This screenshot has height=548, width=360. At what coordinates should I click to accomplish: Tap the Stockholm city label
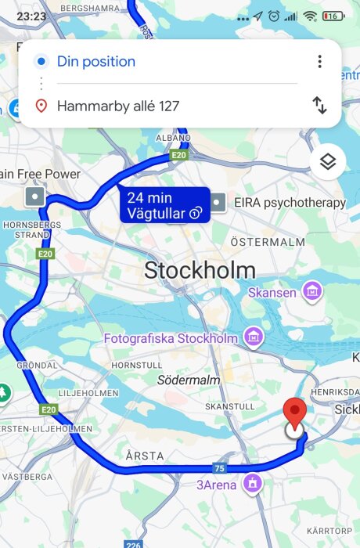point(200,271)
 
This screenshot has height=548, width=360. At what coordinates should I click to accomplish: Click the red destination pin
point(294,412)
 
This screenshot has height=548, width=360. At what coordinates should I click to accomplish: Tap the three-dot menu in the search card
point(319,62)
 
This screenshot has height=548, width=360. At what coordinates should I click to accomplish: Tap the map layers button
point(328,162)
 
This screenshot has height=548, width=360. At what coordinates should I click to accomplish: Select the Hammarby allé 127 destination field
point(118,106)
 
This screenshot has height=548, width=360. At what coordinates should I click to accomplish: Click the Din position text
point(96,62)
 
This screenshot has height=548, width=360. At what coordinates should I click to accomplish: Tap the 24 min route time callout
point(164,205)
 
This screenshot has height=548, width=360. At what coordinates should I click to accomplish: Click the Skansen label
point(272,293)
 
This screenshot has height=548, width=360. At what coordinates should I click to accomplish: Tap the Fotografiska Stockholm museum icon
point(253,337)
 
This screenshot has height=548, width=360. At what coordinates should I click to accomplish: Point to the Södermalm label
point(189,380)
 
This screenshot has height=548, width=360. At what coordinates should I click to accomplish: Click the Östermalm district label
point(268,242)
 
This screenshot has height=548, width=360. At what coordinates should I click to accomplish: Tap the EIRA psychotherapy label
point(290,203)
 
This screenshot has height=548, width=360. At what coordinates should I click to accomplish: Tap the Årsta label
point(145,455)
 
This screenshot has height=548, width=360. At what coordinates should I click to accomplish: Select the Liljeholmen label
point(88,392)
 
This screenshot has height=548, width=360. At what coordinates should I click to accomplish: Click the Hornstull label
point(136,365)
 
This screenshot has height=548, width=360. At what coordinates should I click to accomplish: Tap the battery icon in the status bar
point(333,16)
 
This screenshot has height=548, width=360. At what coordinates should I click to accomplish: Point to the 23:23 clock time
point(31,16)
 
